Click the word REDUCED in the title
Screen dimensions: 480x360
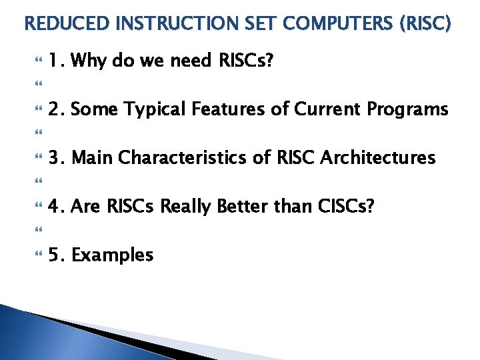pos(67,23)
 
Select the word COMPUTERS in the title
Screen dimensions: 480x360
pos(337,23)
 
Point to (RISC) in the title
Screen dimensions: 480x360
pos(425,23)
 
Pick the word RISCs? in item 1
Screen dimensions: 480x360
pos(246,59)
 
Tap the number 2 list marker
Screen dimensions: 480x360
pos(57,109)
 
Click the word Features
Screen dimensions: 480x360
pos(228,109)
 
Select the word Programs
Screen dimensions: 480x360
pos(407,109)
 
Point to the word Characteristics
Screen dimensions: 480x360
pos(182,157)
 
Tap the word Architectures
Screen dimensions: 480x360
pos(378,157)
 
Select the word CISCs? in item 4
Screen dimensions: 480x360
pos(346,206)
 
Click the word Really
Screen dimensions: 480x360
pos(185,207)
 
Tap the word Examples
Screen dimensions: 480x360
pos(113,255)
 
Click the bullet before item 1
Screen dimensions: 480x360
pos(39,59)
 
